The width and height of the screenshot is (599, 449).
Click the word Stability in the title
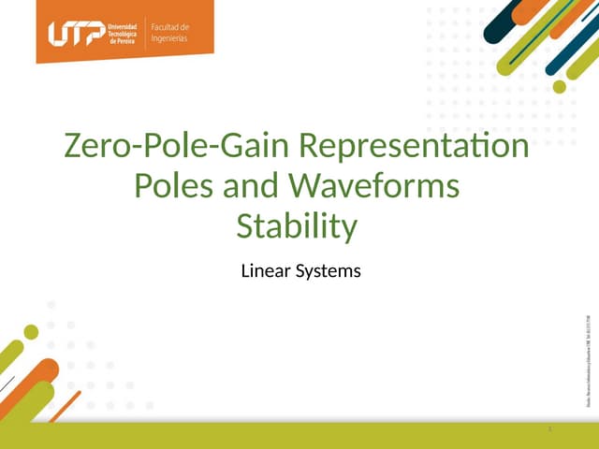pos(298,227)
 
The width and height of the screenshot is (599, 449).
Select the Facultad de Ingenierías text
pos(170,33)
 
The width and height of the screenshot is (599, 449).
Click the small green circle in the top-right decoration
pos(560,87)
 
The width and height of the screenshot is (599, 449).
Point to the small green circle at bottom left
pos(31,331)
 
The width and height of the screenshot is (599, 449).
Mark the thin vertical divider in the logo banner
pos(146,33)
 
